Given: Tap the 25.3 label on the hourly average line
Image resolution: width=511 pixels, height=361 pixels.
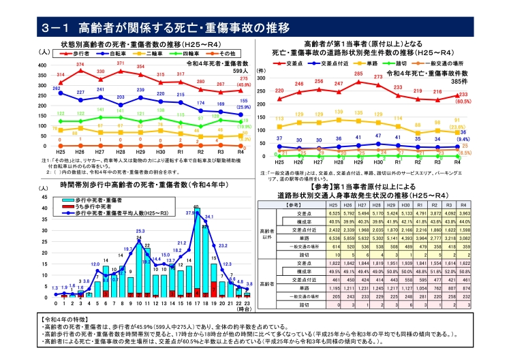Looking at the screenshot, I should [x=140, y=232].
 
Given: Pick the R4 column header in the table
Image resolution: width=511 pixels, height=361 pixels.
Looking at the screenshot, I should [x=463, y=204].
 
